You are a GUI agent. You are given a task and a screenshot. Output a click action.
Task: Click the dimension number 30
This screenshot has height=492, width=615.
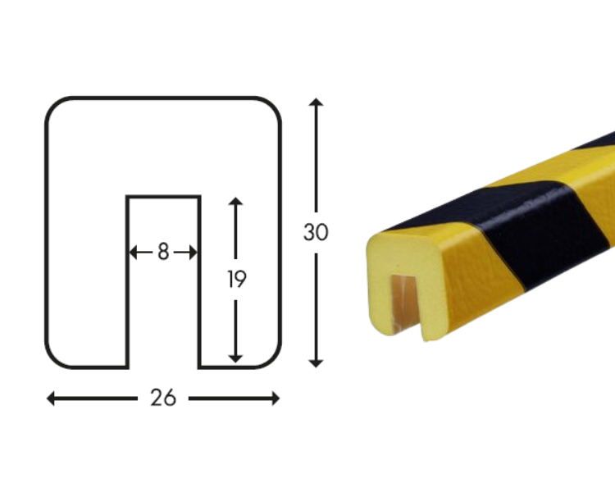pyautogui.click(x=316, y=232)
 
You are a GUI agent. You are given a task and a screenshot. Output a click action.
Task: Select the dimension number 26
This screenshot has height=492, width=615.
pyautogui.click(x=163, y=399)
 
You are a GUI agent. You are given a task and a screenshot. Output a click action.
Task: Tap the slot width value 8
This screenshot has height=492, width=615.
pyautogui.click(x=163, y=252)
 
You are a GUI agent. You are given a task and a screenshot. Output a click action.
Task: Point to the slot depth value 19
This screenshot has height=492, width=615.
pyautogui.click(x=236, y=279)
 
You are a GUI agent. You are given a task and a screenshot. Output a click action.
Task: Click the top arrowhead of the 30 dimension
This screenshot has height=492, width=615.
pyautogui.click(x=316, y=102)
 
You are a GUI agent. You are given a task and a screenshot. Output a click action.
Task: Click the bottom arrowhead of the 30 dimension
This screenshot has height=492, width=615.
pyautogui.click(x=316, y=363)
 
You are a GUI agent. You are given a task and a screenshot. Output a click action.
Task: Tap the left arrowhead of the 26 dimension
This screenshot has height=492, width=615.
pyautogui.click(x=50, y=399)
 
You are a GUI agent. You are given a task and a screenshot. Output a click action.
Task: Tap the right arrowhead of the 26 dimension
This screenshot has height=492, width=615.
pyautogui.click(x=276, y=399)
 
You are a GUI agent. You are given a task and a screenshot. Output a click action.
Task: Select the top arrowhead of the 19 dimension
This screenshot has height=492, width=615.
pyautogui.click(x=235, y=201)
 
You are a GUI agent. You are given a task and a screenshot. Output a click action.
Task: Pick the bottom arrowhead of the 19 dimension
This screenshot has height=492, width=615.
pyautogui.click(x=235, y=358)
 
